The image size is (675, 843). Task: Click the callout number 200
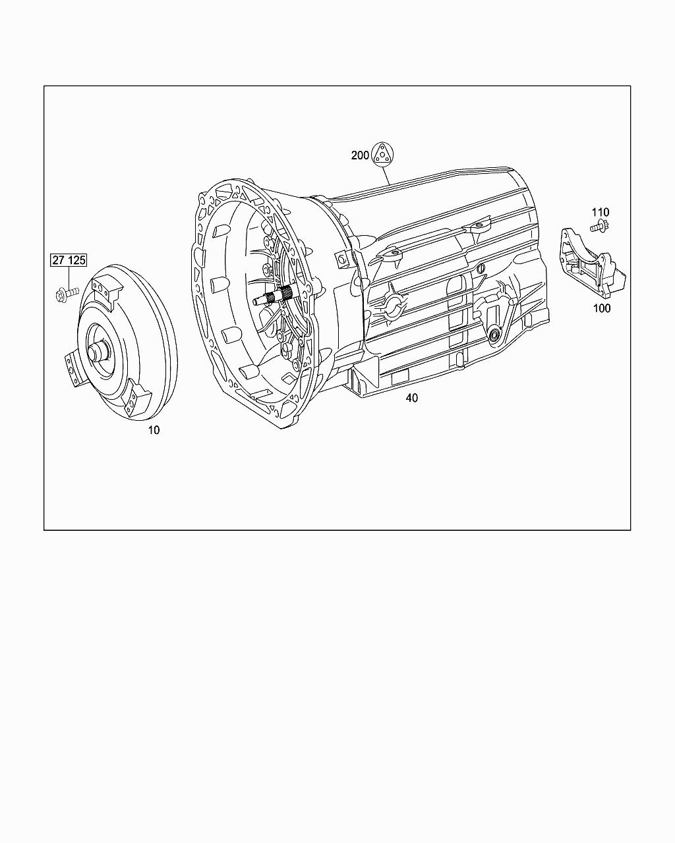360,155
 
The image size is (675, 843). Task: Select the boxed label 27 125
69,260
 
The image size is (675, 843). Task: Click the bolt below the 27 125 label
66,293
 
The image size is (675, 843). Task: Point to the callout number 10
154,430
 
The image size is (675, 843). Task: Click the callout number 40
412,398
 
